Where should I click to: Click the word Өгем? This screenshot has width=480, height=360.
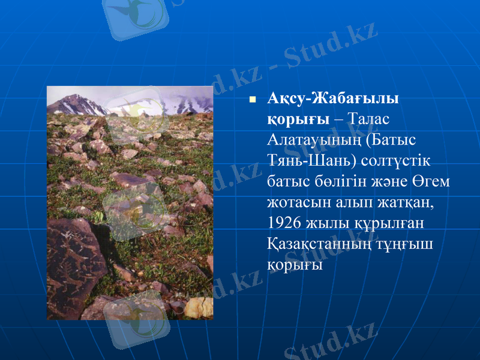(431, 182)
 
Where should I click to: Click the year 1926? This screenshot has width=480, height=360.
(285, 224)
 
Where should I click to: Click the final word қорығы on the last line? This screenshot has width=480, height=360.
(295, 265)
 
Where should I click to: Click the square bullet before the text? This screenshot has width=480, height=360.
(253, 100)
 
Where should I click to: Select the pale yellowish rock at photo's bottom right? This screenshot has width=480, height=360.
(199, 307)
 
